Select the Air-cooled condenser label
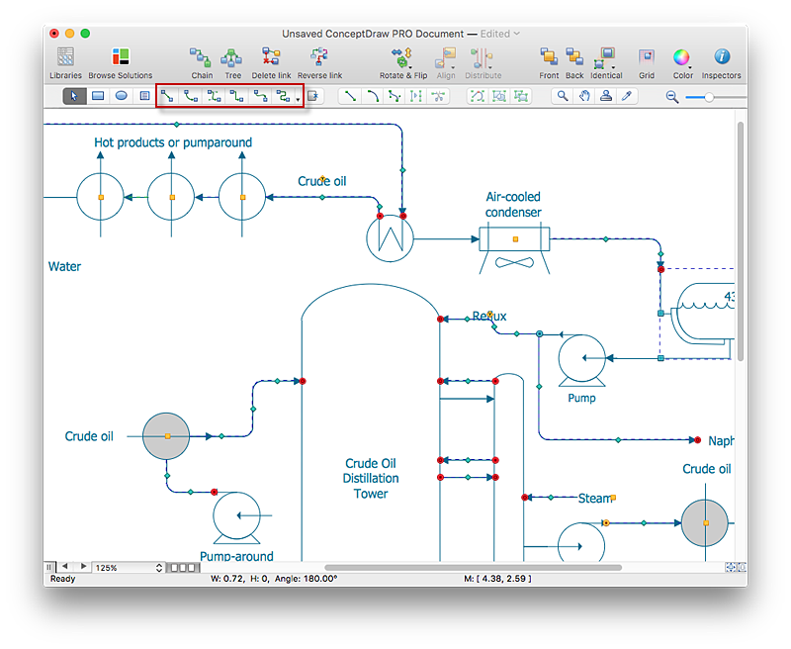513,205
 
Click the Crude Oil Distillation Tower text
371,478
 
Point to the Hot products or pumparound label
173,142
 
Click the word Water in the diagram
64,266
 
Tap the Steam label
595,499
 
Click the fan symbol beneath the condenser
513,264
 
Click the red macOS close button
53,34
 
